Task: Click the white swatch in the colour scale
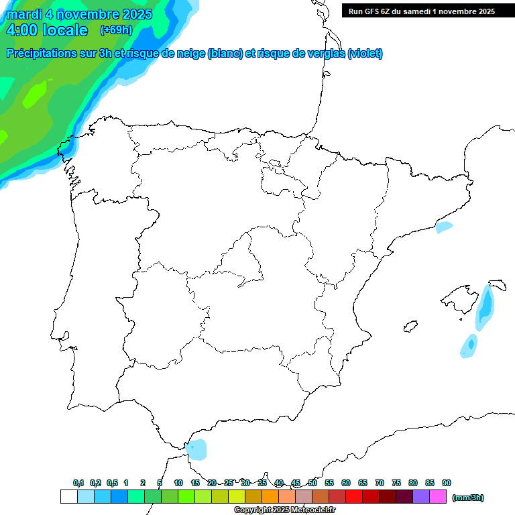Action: (x=68, y=496)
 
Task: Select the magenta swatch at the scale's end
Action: (x=438, y=496)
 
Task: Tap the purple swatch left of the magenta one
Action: (x=421, y=496)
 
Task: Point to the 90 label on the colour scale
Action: (x=447, y=483)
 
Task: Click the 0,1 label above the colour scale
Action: (x=78, y=483)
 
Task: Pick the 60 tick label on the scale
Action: (x=346, y=483)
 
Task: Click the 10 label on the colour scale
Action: (x=178, y=483)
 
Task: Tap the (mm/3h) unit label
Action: (x=467, y=498)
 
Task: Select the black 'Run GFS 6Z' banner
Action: (x=419, y=11)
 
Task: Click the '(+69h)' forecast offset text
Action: (x=116, y=30)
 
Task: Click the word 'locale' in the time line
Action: (x=64, y=30)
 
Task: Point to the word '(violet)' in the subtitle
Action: (x=365, y=54)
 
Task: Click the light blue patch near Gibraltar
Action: (x=196, y=449)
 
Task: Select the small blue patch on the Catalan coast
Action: (x=444, y=227)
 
